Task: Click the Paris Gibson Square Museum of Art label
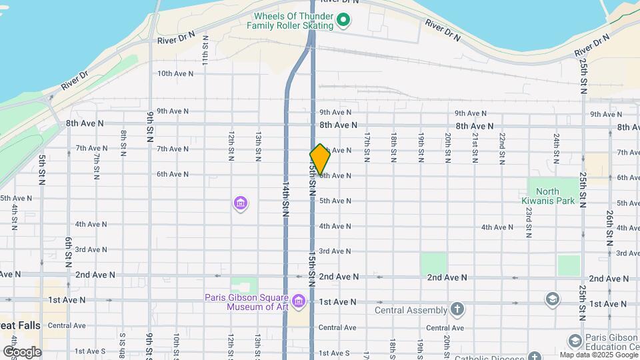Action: (247, 302)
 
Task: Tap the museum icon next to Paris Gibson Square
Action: (299, 302)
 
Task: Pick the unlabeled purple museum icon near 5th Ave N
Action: (241, 203)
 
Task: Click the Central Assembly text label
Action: (411, 310)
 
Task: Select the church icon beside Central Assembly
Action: (457, 309)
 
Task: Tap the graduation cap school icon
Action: (552, 299)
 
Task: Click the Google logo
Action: (22, 351)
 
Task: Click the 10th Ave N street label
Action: (175, 73)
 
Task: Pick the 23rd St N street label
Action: (528, 223)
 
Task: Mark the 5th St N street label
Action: (41, 171)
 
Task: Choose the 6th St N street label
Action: (68, 252)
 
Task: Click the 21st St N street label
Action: (475, 147)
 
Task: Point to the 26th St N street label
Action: (609, 227)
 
